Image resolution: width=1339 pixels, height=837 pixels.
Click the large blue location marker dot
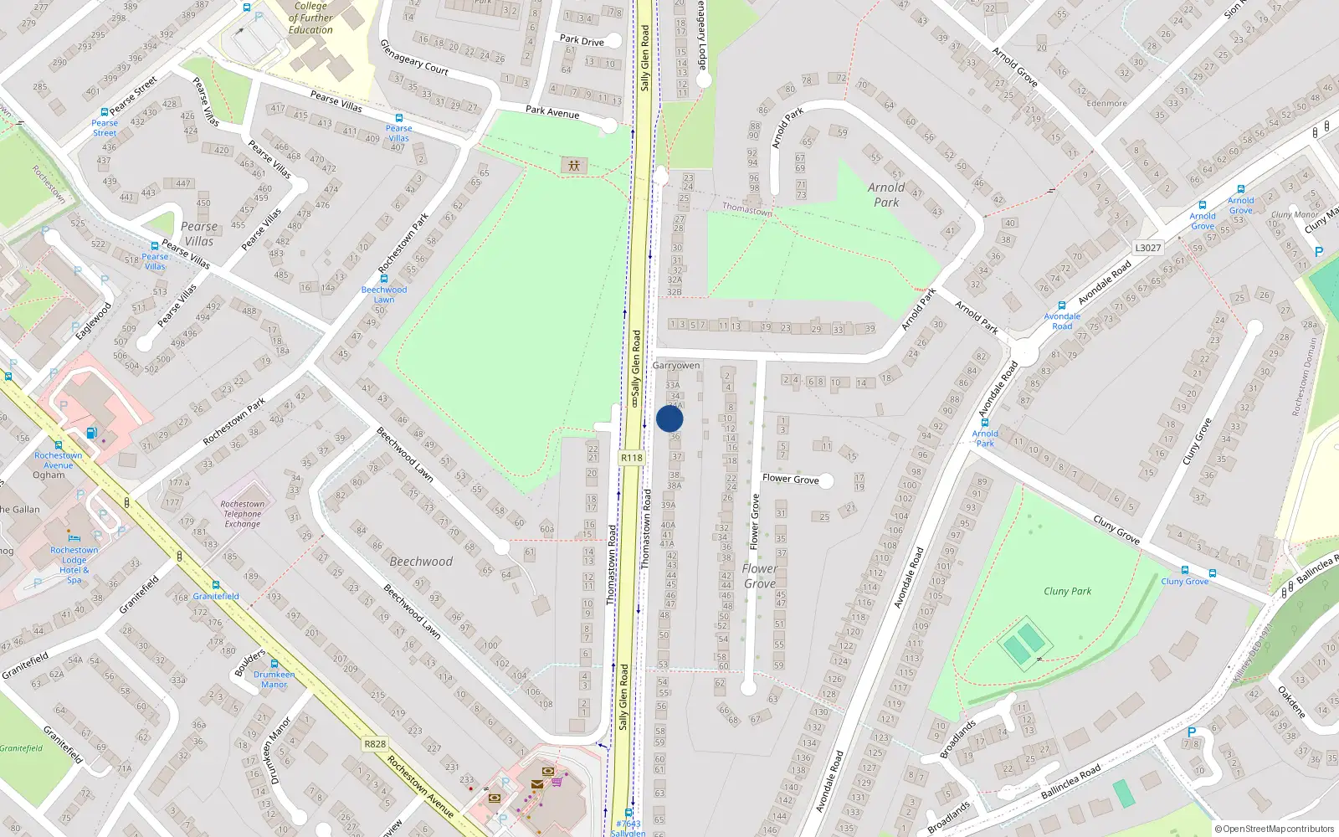pos(669,418)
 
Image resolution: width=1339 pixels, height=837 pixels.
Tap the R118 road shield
pos(632,458)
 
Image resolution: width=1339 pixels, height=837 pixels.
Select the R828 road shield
pos(375,744)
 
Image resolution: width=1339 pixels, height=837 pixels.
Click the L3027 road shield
pos(1148,248)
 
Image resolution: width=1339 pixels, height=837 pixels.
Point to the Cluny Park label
pos(1067,591)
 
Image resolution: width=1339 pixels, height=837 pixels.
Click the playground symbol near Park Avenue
pos(573,166)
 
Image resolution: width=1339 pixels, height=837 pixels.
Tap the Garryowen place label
pos(676,366)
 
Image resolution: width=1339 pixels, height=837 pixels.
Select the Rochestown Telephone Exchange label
pos(242,514)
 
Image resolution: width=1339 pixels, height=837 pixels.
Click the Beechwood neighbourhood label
pos(421,562)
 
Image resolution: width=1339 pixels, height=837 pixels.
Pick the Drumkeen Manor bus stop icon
pos(274,664)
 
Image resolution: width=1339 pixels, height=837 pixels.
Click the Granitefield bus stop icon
pos(216,585)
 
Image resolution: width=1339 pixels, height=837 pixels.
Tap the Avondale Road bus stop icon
pos(1062,306)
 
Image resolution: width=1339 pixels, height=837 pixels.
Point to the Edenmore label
pos(1106,104)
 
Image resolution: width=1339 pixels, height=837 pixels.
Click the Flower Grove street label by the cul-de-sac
pos(790,479)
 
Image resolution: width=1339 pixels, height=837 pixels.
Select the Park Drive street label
pos(582,40)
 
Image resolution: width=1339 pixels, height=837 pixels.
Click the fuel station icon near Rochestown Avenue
pos(91,433)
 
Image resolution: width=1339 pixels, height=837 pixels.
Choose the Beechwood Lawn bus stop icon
pos(384,280)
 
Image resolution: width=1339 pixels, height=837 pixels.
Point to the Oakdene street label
pos(1291,701)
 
